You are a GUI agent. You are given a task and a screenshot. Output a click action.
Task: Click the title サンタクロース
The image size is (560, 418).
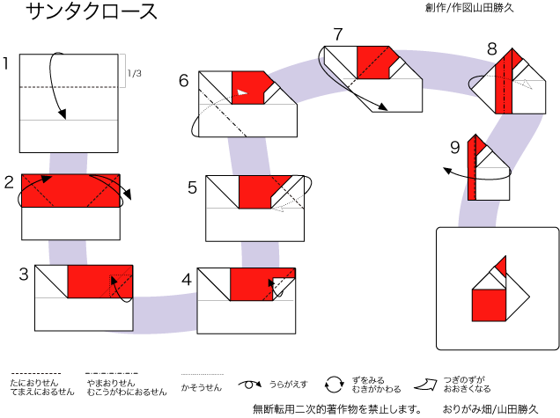pyautogui.click(x=92, y=11)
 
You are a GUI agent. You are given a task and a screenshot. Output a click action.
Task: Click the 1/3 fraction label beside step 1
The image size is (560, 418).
pyautogui.click(x=135, y=74)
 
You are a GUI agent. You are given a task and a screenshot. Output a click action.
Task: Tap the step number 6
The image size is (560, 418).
pyautogui.click(x=183, y=81)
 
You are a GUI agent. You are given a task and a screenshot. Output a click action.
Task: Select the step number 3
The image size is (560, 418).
pyautogui.click(x=24, y=275)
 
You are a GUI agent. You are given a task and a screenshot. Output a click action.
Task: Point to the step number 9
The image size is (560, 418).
pyautogui.click(x=454, y=148)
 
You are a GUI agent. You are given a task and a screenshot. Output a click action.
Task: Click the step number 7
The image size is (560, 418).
pyautogui.click(x=338, y=34)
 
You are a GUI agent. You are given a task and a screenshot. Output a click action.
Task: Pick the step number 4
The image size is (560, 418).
pyautogui.click(x=187, y=280)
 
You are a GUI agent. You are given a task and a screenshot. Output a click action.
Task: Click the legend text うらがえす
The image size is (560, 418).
pyautogui.click(x=288, y=385)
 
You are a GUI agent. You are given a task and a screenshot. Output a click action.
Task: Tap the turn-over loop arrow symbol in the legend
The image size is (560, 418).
pyautogui.click(x=250, y=385)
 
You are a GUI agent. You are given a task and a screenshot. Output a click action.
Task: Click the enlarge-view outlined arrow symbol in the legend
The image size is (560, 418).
pyautogui.click(x=425, y=385)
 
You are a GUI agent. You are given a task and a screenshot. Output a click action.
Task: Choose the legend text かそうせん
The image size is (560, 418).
pyautogui.click(x=202, y=387)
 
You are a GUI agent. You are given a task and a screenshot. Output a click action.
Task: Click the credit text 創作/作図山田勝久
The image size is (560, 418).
pyautogui.click(x=469, y=8)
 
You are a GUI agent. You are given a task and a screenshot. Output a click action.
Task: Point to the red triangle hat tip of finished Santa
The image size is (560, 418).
pyautogui.click(x=502, y=266)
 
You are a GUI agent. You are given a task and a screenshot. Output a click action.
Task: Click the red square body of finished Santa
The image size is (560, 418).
pyautogui.click(x=489, y=305)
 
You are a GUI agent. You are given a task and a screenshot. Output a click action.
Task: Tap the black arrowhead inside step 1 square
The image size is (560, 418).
pyautogui.click(x=63, y=114)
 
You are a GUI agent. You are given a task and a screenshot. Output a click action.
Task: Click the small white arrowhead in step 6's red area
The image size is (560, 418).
pyautogui.click(x=242, y=92)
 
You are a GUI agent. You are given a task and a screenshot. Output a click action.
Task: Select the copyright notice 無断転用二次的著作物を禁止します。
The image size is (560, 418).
pyautogui.click(x=336, y=409)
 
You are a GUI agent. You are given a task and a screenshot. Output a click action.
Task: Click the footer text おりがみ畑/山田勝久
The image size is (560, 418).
pyautogui.click(x=490, y=409)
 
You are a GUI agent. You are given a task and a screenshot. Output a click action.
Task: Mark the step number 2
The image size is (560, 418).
pyautogui.click(x=9, y=182)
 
